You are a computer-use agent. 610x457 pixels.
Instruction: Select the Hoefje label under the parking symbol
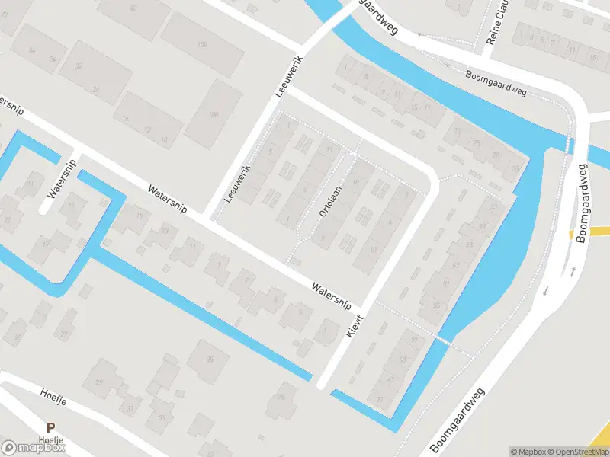[x=50, y=439]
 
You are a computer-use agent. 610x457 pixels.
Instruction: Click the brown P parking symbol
[x=50, y=427]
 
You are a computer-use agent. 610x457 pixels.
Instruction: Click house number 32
[x=79, y=66]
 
